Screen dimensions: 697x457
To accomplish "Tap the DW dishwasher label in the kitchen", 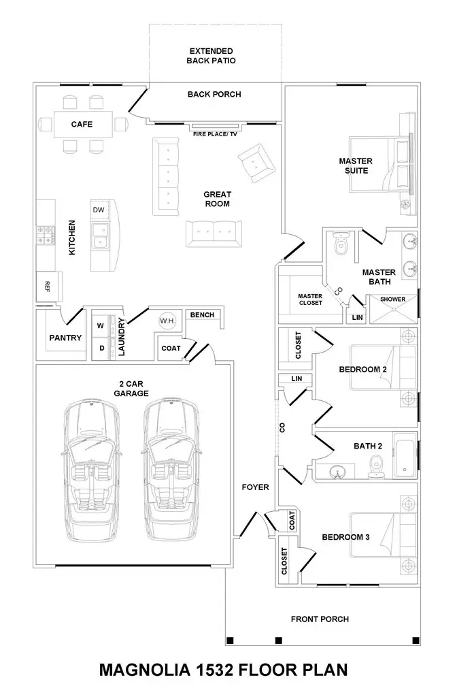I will pos(99,210).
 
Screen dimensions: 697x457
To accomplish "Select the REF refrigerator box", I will pos(48,285).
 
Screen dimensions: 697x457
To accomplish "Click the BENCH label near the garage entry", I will pos(202,314).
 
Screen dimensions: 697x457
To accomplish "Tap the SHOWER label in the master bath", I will pos(392,299).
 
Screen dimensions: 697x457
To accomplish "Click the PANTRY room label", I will pos(65,338).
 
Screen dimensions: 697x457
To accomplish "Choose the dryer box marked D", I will pos(101,348).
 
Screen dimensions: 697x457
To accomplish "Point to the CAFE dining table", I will pos(82,125).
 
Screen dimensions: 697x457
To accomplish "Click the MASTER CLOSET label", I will pos(310,299).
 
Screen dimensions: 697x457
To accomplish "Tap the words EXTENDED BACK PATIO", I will pos(211,56).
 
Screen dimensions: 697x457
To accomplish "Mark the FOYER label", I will pos(255,487).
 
